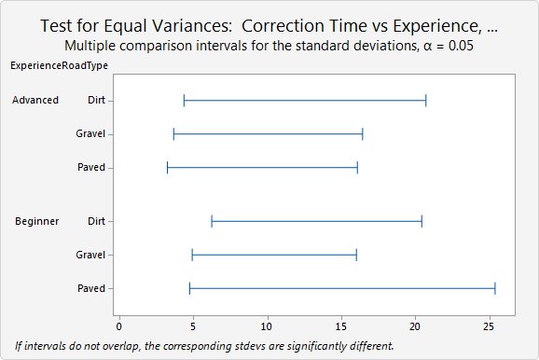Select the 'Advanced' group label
[x=36, y=100]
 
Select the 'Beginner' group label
[x=37, y=221]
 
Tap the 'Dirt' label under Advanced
[x=94, y=100]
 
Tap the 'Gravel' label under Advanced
[x=90, y=133]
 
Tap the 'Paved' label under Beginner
[x=91, y=288]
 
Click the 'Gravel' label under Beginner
[x=90, y=255]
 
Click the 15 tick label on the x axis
[x=341, y=327]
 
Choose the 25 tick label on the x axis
[x=489, y=327]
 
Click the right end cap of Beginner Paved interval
[x=494, y=288]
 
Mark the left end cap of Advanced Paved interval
[x=167, y=168]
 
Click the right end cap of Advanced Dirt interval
[x=426, y=100]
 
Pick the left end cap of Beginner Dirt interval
[x=212, y=221]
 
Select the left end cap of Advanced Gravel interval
[x=173, y=133]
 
